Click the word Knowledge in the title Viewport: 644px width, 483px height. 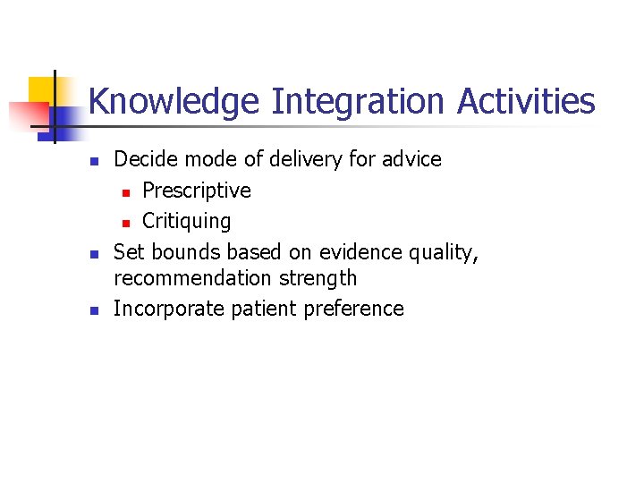[174, 101]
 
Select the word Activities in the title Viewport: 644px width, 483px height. [526, 101]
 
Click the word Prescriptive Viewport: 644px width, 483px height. [197, 191]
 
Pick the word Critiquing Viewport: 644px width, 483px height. [186, 221]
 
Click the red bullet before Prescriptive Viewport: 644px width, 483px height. [127, 191]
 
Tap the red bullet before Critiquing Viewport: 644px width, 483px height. [127, 222]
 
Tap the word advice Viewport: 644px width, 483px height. [411, 160]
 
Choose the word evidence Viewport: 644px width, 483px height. [360, 252]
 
